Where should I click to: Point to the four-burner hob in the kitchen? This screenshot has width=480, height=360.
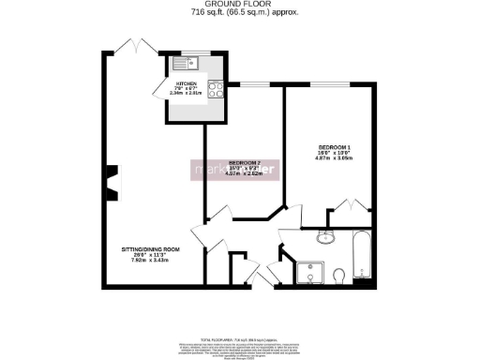pyautogui.click(x=215, y=91)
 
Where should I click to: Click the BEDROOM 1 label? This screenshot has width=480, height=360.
pyautogui.click(x=336, y=147)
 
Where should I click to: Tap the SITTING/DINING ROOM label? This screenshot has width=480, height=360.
pyautogui.click(x=150, y=249)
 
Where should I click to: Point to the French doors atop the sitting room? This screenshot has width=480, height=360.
pyautogui.click(x=134, y=47)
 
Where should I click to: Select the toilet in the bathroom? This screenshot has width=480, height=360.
pyautogui.click(x=339, y=274)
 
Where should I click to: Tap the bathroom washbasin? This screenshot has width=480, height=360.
pyautogui.click(x=325, y=236)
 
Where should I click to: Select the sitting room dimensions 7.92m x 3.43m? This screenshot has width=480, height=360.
pyautogui.click(x=150, y=261)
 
